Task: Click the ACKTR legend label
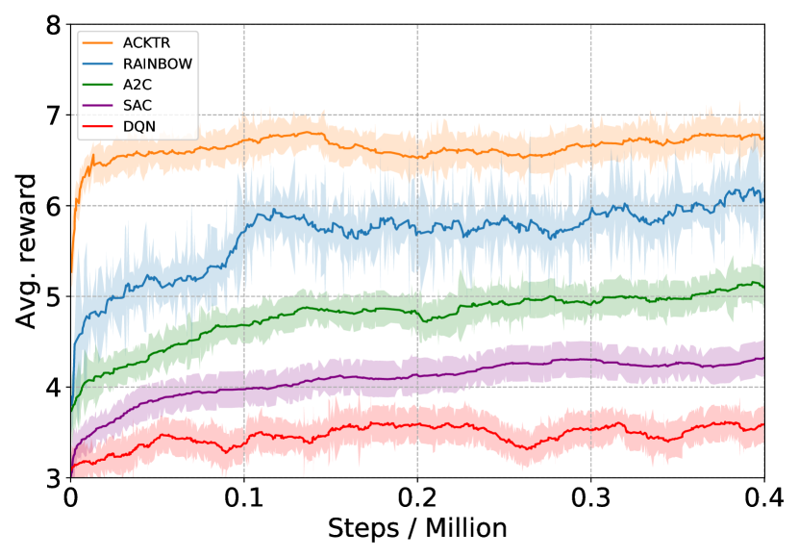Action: point(147,41)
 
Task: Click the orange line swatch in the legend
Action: point(99,41)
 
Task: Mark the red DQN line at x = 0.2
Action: point(417,424)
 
